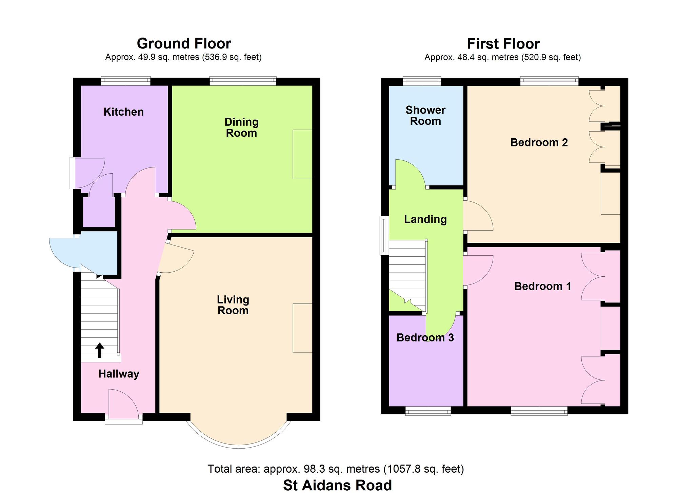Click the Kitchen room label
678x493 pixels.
(x=123, y=112)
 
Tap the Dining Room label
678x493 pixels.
(x=241, y=127)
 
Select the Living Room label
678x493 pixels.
(x=233, y=305)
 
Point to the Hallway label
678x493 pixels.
(x=119, y=374)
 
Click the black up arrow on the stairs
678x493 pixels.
(x=100, y=350)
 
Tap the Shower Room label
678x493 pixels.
(x=425, y=116)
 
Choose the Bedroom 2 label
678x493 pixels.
(x=539, y=142)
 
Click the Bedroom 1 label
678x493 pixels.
(x=543, y=286)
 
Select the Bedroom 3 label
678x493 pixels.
(x=425, y=338)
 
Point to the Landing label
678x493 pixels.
(x=425, y=219)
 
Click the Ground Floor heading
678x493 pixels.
(x=184, y=43)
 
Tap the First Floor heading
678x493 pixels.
(x=503, y=44)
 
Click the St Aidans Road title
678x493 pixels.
(x=337, y=485)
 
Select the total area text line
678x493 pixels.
(x=336, y=469)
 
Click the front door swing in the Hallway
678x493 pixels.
(x=123, y=402)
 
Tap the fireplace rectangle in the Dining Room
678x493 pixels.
(x=302, y=154)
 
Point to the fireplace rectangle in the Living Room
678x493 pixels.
(x=302, y=328)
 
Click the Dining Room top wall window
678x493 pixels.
(x=243, y=81)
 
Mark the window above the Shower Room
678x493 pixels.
(x=422, y=81)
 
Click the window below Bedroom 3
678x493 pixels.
(x=428, y=411)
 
